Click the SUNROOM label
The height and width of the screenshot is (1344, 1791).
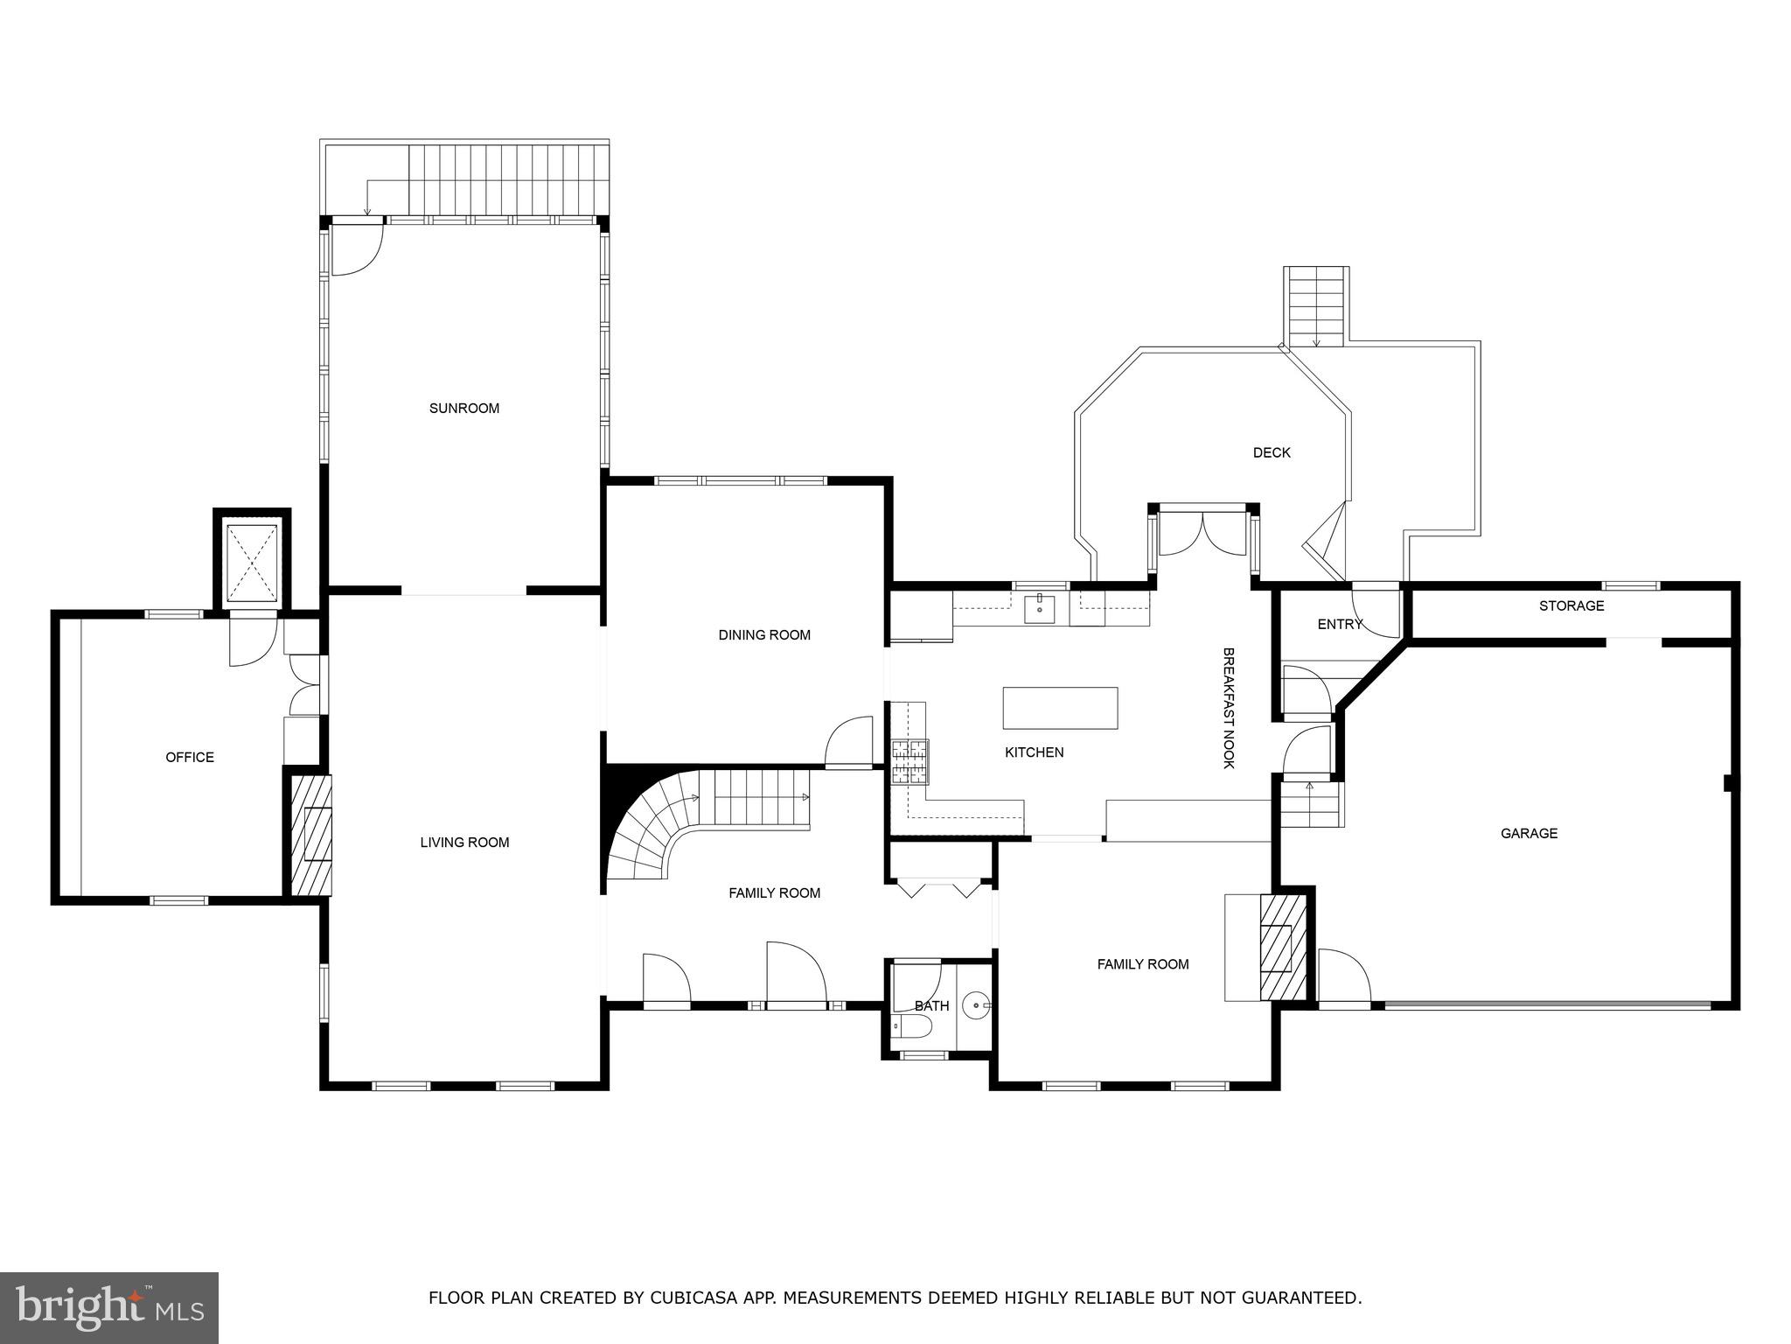463,409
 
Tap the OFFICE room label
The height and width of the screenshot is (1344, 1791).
190,758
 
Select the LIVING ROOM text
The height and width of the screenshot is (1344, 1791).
464,843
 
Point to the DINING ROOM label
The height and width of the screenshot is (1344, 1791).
764,635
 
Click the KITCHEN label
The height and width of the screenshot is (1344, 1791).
1034,752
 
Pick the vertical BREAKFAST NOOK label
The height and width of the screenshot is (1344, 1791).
1228,708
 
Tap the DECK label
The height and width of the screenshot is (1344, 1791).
1272,453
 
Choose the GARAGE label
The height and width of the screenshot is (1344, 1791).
1529,834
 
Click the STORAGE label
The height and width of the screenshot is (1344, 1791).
1571,606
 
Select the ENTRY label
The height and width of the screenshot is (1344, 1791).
1340,625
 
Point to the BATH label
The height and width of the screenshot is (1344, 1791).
931,1006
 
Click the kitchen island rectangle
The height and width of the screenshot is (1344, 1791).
1060,708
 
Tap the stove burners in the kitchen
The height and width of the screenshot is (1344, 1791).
909,761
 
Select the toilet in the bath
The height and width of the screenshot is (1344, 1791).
910,1027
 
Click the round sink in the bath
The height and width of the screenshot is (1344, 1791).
975,1006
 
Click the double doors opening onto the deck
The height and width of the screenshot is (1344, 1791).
1203,534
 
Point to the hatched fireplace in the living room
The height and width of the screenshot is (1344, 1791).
312,835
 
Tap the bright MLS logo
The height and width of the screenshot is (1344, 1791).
109,1308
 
